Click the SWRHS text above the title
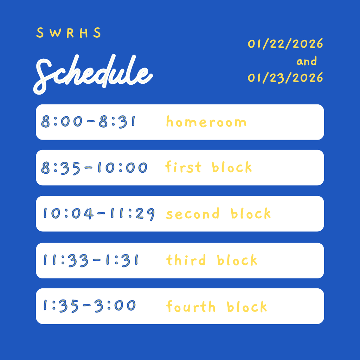tap(69, 33)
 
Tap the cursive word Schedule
tap(93, 74)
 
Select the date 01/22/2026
tap(285, 44)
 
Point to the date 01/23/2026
tap(285, 77)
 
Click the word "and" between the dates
tap(306, 62)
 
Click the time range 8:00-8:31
tap(89, 122)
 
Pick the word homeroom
tap(206, 122)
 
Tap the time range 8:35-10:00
tap(94, 168)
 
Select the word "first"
tap(184, 167)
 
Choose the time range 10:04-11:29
tap(99, 214)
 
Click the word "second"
tap(193, 214)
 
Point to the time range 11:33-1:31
tap(91, 261)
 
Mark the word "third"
tap(186, 260)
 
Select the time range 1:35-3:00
tap(89, 306)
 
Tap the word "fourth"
tap(191, 307)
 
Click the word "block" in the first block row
tap(232, 167)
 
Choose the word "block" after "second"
tap(251, 213)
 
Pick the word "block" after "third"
tap(237, 260)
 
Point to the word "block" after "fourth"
tap(247, 307)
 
